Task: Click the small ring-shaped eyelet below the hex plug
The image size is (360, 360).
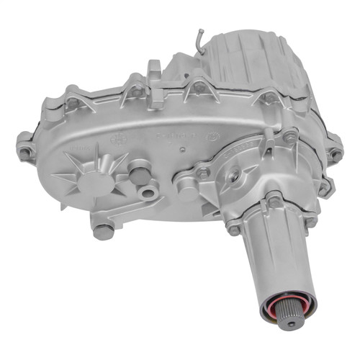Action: point(149,192)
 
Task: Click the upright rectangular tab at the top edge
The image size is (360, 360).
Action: point(155,72)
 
